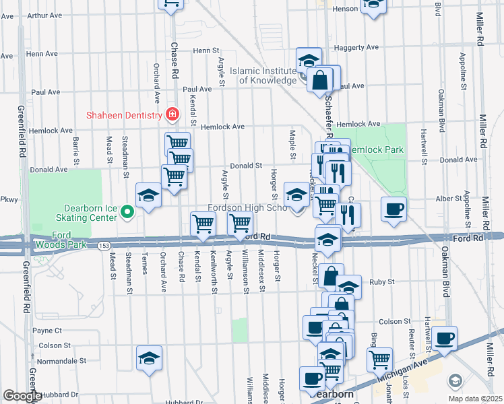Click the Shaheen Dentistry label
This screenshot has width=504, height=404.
[x=123, y=114]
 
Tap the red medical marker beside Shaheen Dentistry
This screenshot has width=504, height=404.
[x=172, y=114]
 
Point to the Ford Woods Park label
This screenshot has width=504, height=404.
[x=61, y=244]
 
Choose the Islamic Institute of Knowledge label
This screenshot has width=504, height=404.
[x=263, y=75]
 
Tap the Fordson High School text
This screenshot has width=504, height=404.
[x=247, y=208]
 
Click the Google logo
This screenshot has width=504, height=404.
[x=22, y=396]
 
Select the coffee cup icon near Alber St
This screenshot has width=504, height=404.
[x=393, y=207]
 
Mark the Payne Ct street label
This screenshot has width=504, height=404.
[x=47, y=331]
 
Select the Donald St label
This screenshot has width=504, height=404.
[x=246, y=165]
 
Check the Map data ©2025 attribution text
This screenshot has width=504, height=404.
[x=476, y=398]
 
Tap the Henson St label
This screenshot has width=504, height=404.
[x=345, y=9]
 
